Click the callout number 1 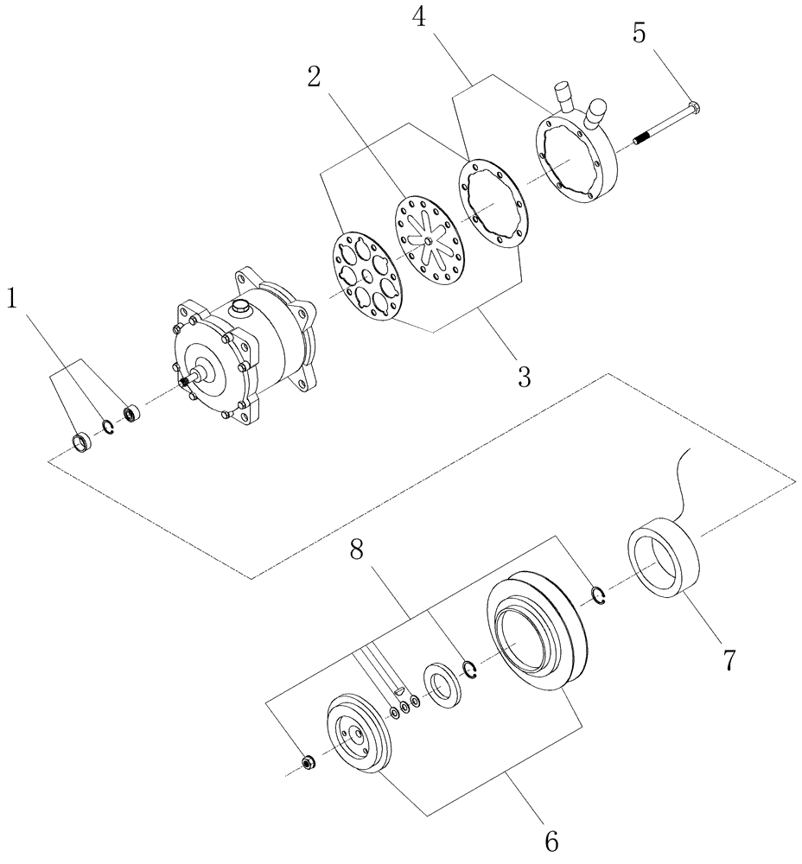click(13, 299)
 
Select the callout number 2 click(314, 77)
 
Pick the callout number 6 click(551, 838)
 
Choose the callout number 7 click(728, 659)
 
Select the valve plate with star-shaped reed click(430, 235)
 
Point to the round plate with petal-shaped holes click(368, 276)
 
